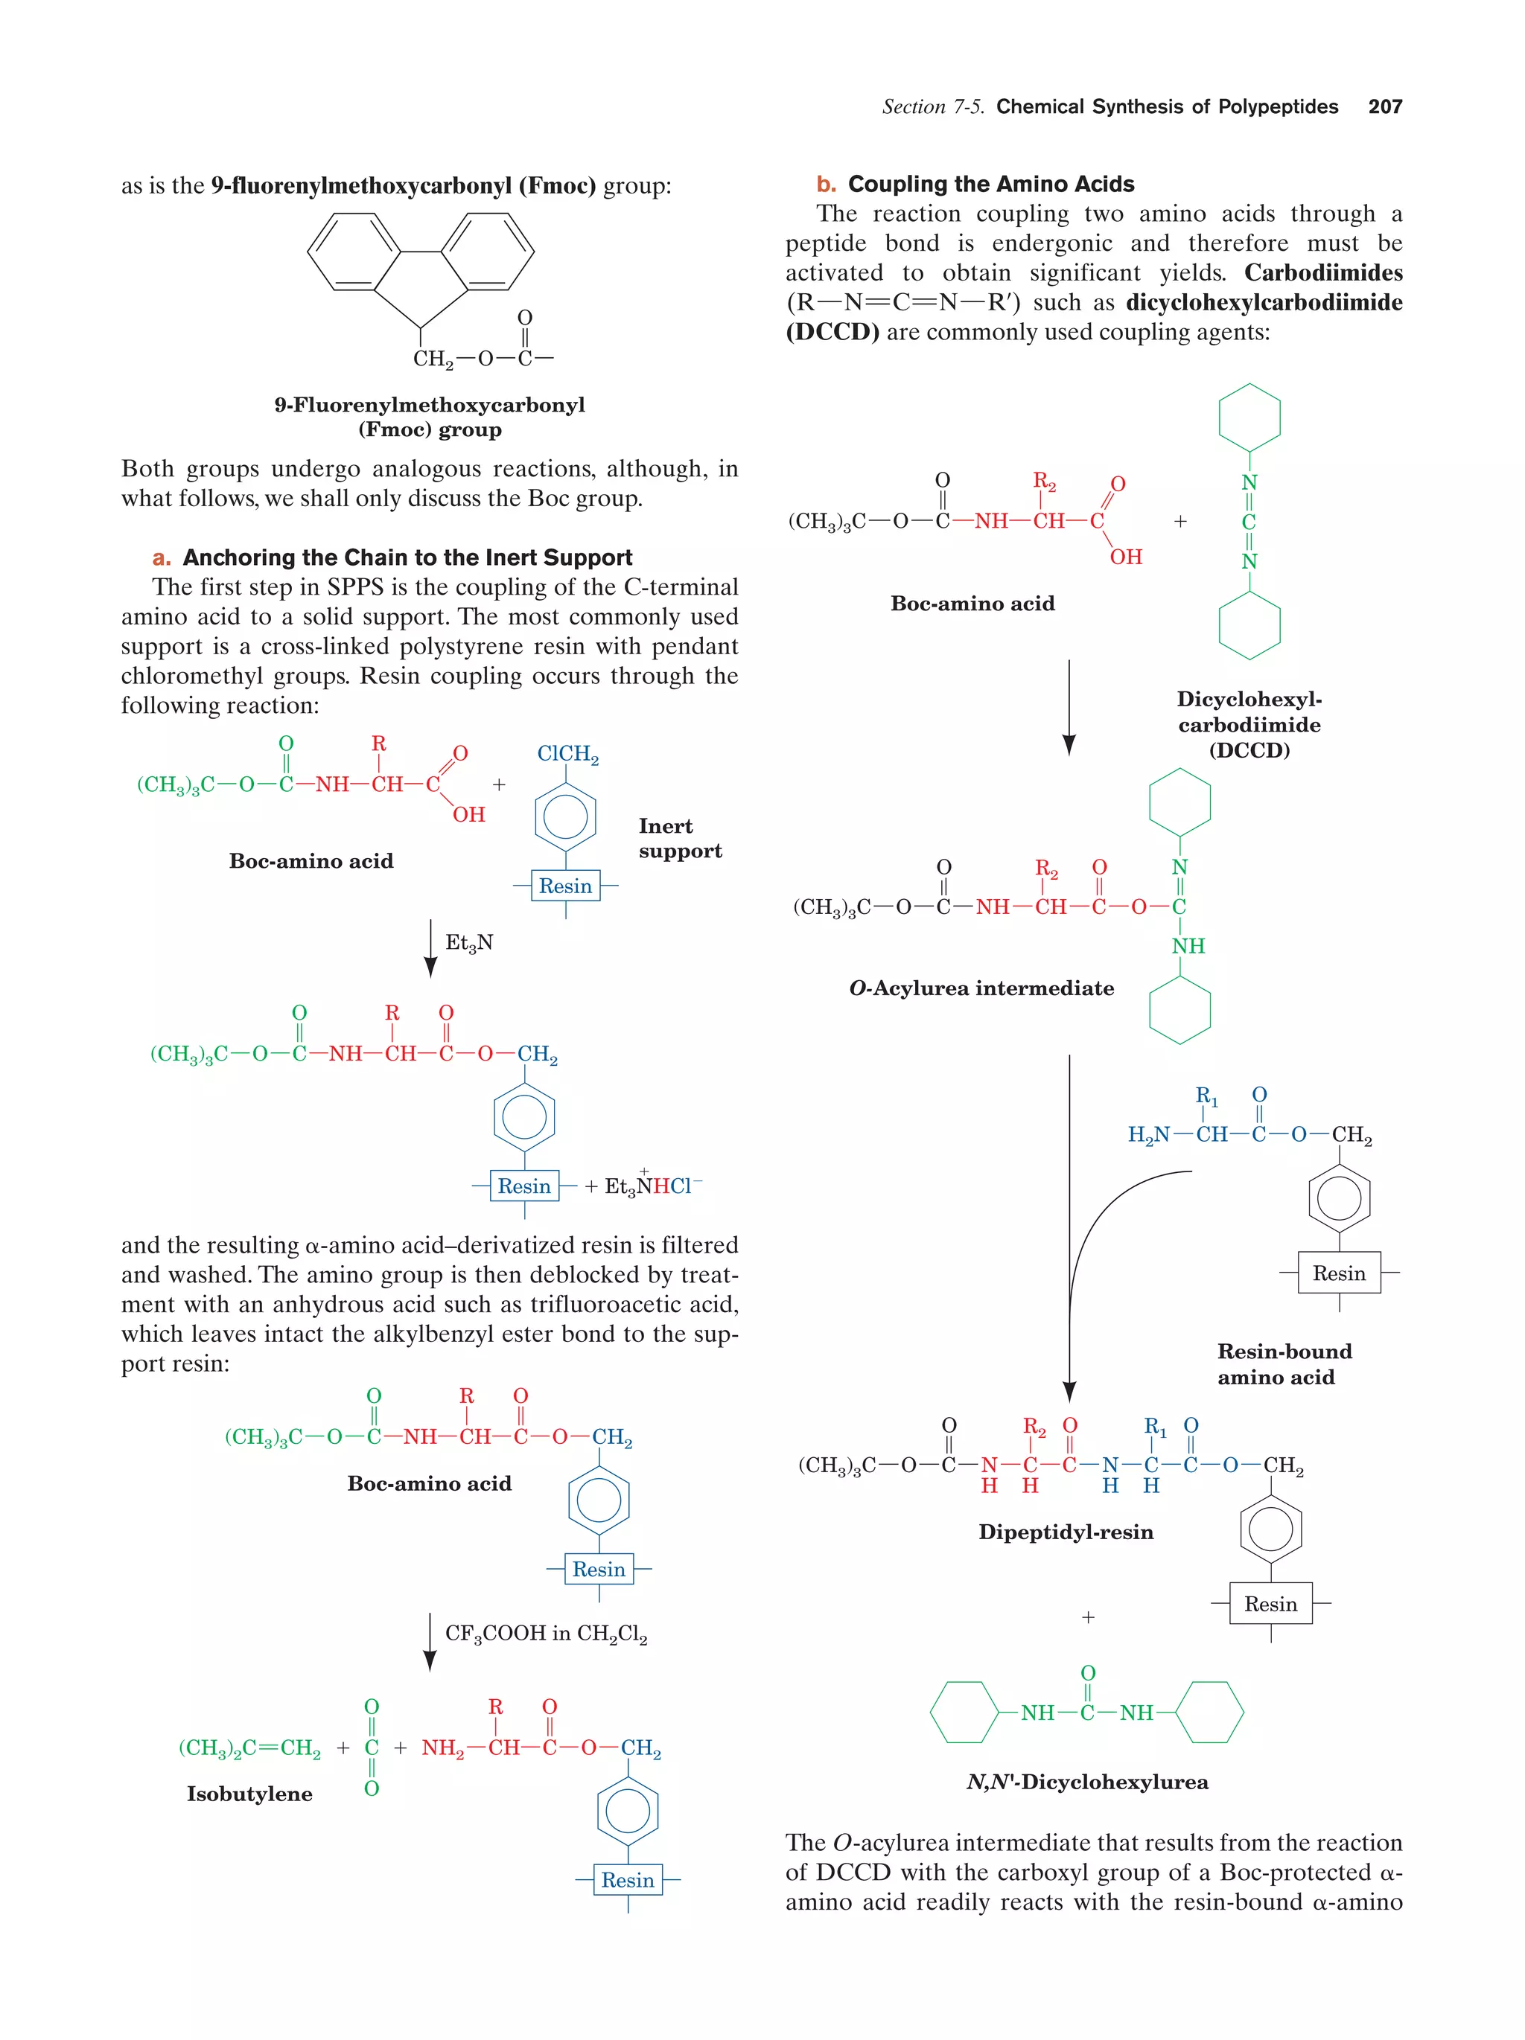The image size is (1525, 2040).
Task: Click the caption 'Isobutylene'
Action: [249, 1794]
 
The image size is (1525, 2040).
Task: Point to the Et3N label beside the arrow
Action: [468, 942]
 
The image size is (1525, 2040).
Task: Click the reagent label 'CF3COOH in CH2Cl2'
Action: [545, 1634]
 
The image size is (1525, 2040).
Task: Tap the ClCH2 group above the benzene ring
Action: [567, 755]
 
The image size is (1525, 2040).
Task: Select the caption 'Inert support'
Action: [680, 838]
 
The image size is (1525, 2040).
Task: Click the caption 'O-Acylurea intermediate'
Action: [981, 988]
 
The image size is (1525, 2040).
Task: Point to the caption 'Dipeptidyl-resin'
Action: [1066, 1532]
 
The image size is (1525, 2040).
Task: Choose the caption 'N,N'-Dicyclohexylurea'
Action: [1086, 1782]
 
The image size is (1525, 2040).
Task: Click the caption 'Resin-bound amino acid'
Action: [1283, 1364]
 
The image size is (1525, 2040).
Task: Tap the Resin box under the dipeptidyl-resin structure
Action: [1270, 1604]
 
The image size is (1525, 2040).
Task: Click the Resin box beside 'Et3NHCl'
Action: [524, 1186]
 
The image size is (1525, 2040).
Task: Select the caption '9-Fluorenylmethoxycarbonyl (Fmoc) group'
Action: [429, 417]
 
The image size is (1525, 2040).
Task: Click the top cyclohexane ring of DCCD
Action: [1249, 418]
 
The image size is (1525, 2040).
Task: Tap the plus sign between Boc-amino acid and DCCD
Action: [1180, 521]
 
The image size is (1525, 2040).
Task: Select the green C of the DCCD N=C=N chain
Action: [1249, 522]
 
